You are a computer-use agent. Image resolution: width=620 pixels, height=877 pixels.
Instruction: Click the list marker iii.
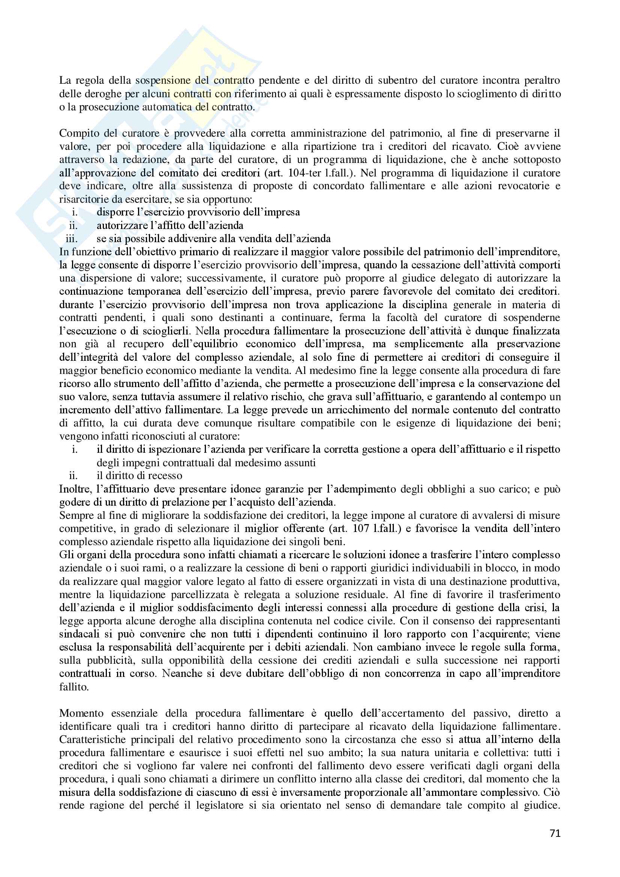point(72,239)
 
